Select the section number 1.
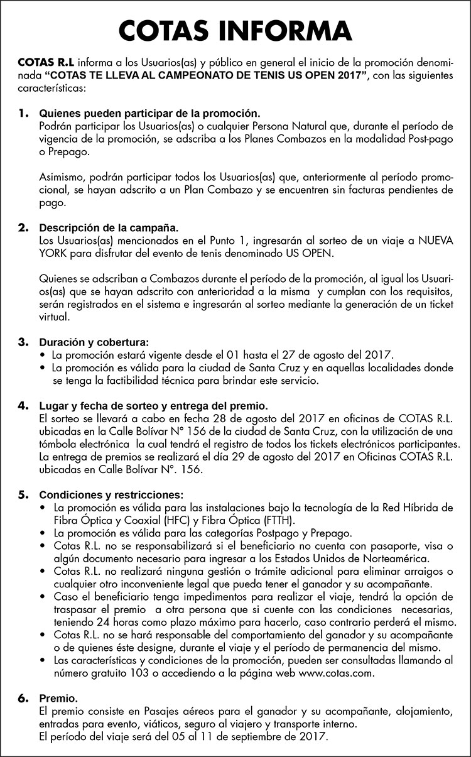23,114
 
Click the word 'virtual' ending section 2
55,318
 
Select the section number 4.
23,406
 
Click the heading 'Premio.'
58,698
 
